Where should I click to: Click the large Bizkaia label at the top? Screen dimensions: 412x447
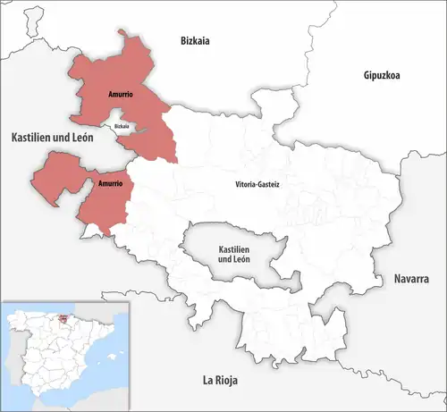(x=194, y=40)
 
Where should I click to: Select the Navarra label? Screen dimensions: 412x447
(x=412, y=280)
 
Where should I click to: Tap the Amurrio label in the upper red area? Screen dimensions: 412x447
(x=99, y=92)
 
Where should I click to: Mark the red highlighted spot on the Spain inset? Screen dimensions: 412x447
(x=63, y=318)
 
